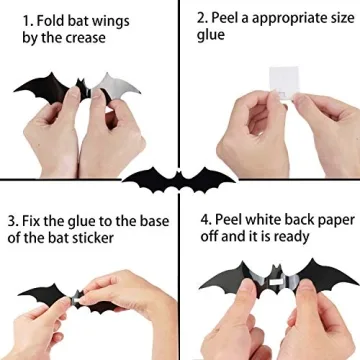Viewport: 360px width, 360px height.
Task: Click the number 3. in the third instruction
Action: click(13, 219)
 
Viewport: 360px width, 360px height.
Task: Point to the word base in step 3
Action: click(149, 219)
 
